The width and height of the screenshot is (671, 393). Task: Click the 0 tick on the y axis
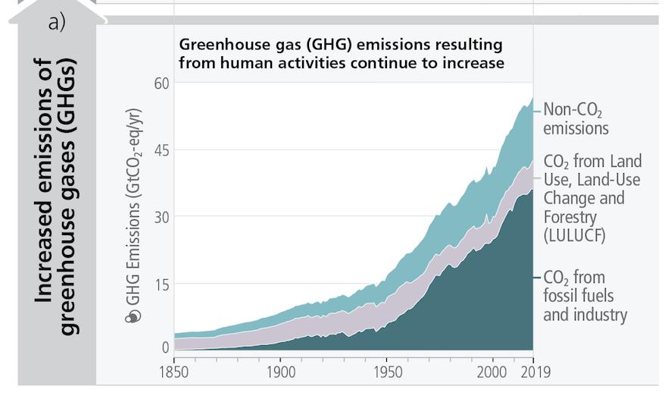click(x=165, y=348)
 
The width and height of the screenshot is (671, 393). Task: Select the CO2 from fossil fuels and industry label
click(x=585, y=295)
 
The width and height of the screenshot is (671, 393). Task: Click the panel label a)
click(x=57, y=23)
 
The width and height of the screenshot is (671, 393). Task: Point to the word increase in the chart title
click(x=475, y=63)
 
